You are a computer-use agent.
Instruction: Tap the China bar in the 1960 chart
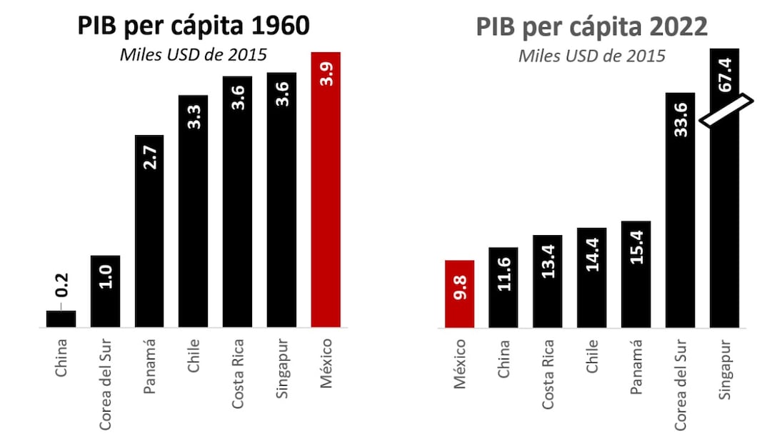61,319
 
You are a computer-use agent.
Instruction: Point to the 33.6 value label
680,119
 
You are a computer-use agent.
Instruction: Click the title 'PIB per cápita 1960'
193,26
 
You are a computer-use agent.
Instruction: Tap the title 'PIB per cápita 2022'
591,26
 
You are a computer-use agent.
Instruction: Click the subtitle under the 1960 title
193,56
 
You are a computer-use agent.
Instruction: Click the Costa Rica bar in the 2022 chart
548,282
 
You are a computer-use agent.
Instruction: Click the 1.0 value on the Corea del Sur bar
105,275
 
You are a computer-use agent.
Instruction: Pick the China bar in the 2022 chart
503,287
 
